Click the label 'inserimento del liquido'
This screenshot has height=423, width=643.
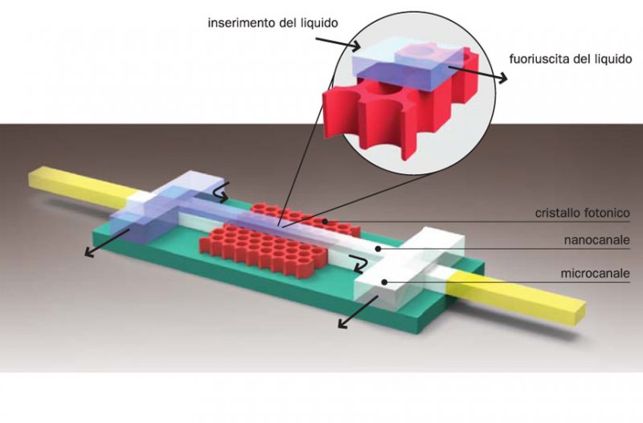pyautogui.click(x=273, y=23)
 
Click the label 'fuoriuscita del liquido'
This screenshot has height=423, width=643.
pyautogui.click(x=571, y=59)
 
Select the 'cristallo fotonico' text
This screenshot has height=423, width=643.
pyautogui.click(x=582, y=213)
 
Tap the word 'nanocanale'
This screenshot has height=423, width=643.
pyautogui.click(x=596, y=240)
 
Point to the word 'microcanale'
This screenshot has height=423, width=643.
pyautogui.click(x=595, y=273)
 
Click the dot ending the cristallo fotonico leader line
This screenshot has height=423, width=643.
pyautogui.click(x=325, y=222)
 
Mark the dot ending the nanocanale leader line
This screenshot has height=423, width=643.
pyautogui.click(x=379, y=248)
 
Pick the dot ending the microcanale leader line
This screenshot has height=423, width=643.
pyautogui.click(x=384, y=282)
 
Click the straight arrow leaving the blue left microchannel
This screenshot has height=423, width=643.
pyautogui.click(x=107, y=243)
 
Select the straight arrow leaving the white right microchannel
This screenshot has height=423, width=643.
pyautogui.click(x=358, y=312)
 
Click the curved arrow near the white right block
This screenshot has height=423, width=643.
pyautogui.click(x=356, y=263)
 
